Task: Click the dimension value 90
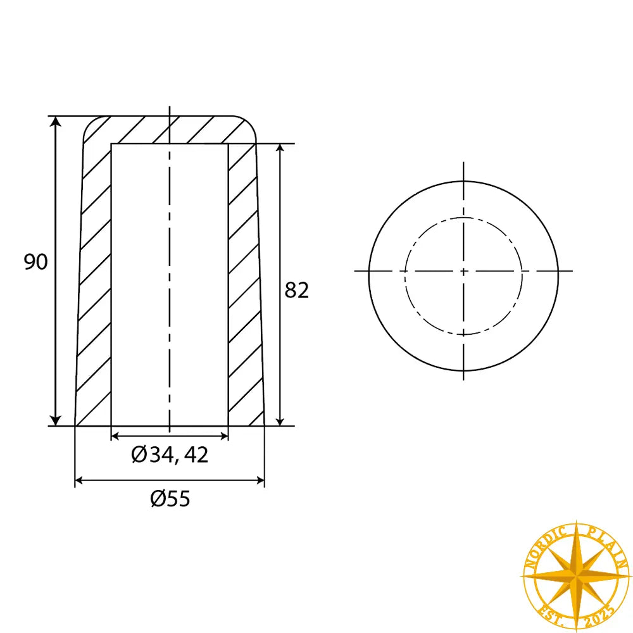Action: (x=36, y=261)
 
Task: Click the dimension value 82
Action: (x=296, y=291)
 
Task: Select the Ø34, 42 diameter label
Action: (x=170, y=454)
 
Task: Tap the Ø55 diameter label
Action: (x=170, y=499)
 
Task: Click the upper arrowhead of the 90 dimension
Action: (x=56, y=122)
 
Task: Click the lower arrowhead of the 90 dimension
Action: (x=56, y=420)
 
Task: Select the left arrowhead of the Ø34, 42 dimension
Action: (x=116, y=436)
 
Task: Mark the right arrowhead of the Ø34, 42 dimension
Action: (x=223, y=436)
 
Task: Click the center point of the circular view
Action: (x=463, y=271)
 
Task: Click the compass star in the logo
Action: (x=576, y=577)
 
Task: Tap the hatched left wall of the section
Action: (x=94, y=285)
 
